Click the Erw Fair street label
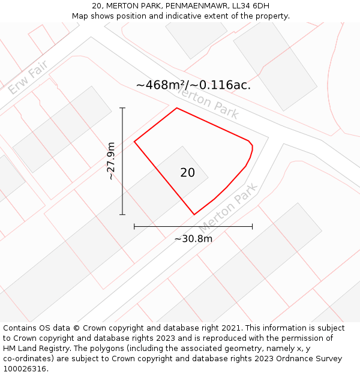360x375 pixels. click(x=28, y=80)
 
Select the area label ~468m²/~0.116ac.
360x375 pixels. click(x=193, y=85)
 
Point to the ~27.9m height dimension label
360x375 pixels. click(x=110, y=161)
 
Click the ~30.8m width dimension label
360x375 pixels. click(x=193, y=239)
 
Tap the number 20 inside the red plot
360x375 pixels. click(x=187, y=173)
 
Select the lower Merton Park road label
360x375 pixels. click(x=228, y=208)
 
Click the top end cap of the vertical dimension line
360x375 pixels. click(x=122, y=108)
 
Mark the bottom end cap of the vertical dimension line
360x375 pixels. click(x=122, y=214)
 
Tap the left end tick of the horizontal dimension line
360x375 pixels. click(x=134, y=226)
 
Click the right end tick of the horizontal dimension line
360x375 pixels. click(x=252, y=226)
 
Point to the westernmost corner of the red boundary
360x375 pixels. click(x=134, y=142)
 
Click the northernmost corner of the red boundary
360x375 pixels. click(x=176, y=108)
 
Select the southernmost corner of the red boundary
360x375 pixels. click(x=194, y=214)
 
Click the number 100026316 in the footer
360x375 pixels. click(x=26, y=368)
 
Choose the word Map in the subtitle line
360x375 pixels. click(x=81, y=16)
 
